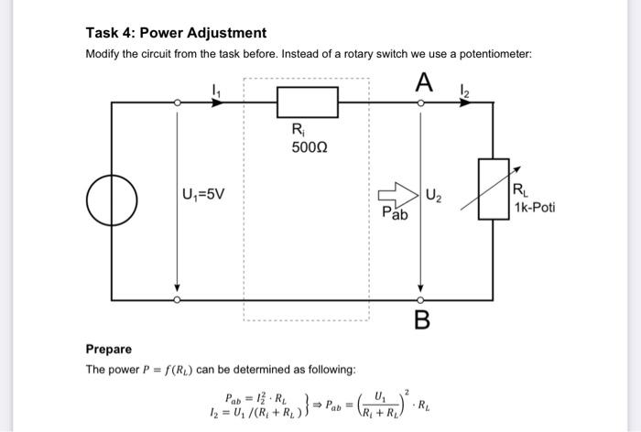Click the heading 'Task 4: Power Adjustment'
pos(176,33)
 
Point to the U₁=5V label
pos(206,195)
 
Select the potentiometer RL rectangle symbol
pos(494,190)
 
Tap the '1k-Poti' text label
pos(534,208)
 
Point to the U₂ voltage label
pos(436,194)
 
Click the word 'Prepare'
pos(108,349)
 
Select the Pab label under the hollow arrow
pos(395,213)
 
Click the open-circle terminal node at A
pos(421,103)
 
